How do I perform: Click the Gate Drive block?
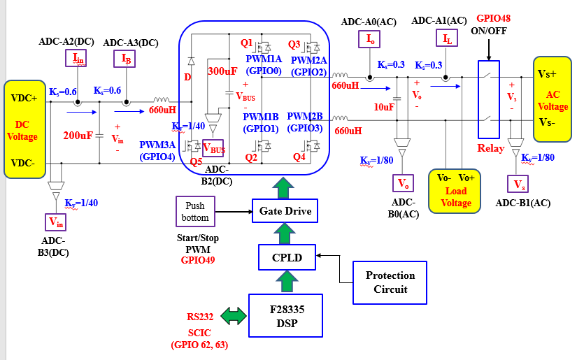(285, 210)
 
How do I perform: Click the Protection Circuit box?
(390, 282)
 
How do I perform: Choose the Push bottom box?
(195, 212)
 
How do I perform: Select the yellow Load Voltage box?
(456, 189)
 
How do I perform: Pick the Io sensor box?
(370, 39)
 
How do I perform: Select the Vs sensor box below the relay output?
(519, 184)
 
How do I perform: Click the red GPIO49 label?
(197, 260)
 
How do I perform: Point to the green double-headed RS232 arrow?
(234, 316)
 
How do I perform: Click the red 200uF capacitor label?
(78, 135)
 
